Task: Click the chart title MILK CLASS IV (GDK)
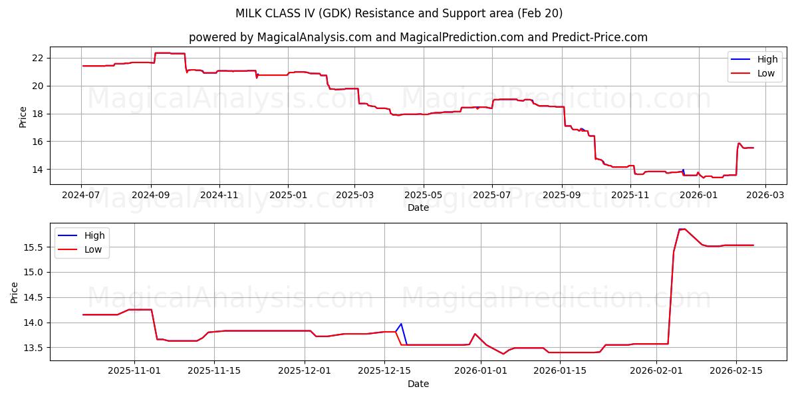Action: tap(399, 13)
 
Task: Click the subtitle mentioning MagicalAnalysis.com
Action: tap(418, 37)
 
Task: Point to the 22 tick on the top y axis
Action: tap(37, 58)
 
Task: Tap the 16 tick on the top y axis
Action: tap(37, 142)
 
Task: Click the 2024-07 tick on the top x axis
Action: tap(82, 195)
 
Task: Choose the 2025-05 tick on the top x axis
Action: tap(424, 195)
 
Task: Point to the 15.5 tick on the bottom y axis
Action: tap(33, 247)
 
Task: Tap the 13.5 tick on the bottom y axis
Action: tap(33, 348)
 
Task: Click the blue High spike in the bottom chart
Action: tap(401, 324)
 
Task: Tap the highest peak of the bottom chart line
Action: tap(682, 229)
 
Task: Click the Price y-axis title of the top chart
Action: tap(23, 116)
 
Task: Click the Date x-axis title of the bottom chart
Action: tap(418, 384)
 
